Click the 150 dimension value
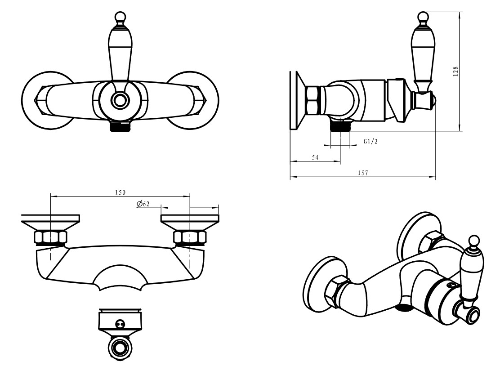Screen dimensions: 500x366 120,192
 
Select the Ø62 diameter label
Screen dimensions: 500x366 143,204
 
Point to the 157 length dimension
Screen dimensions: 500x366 363,173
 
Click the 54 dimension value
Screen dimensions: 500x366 315,157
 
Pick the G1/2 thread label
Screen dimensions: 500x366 371,142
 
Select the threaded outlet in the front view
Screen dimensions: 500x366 120,126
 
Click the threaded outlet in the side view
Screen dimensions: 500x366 340,126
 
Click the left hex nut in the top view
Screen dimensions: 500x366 50,237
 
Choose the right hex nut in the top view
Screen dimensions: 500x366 190,237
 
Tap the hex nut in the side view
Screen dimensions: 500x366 312,100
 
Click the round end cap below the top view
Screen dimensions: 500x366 120,348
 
